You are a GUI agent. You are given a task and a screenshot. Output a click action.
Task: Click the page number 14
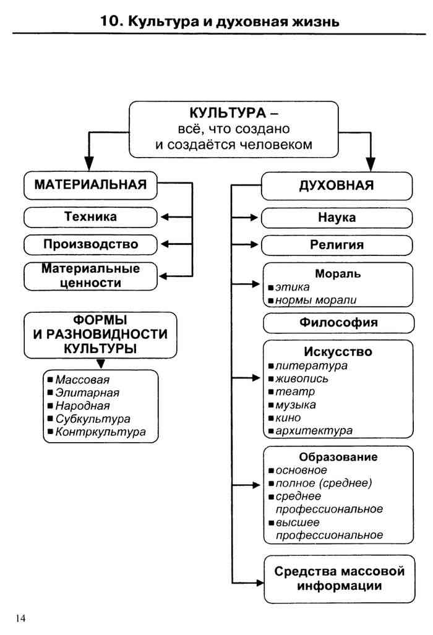(20, 618)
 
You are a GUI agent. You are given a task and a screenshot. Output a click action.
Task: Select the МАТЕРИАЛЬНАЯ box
(90, 185)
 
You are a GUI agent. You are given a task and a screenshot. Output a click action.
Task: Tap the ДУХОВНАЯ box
(337, 185)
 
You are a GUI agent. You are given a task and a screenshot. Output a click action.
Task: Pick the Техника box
(90, 217)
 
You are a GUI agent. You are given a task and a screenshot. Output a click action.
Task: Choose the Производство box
(91, 244)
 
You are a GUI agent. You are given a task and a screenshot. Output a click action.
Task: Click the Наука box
(337, 218)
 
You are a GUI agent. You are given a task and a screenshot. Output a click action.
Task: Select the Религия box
(337, 245)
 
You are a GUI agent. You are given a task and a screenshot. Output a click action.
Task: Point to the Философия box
(338, 323)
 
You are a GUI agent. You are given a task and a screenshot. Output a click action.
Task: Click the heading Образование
(338, 458)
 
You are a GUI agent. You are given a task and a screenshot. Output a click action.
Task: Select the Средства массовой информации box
(338, 579)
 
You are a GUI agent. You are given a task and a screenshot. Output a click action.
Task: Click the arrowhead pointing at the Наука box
(253, 218)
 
